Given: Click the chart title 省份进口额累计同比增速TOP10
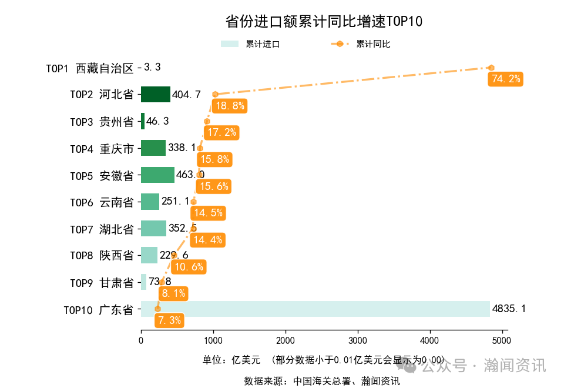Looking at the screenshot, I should coord(324,22).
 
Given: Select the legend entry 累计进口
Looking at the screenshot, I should coord(250,44).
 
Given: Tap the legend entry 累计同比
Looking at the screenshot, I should coord(361,44).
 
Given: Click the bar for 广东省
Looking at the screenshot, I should coord(315,309).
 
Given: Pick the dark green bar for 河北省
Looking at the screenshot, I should coord(155,95).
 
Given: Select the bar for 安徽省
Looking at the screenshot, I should coord(157,175).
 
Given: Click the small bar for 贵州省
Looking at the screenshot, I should coord(143,122).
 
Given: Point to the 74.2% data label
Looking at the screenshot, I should coord(505,79).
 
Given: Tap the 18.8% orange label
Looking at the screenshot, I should coord(230,106).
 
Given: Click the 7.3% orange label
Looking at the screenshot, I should coord(169,320).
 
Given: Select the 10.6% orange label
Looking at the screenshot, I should coord(189,267).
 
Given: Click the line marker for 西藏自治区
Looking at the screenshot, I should coord(491,68).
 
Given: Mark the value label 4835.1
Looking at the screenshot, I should coord(509,309).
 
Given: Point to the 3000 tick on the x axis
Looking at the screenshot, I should coord(357,340).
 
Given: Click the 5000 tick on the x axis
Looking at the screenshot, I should coord(502,340).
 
